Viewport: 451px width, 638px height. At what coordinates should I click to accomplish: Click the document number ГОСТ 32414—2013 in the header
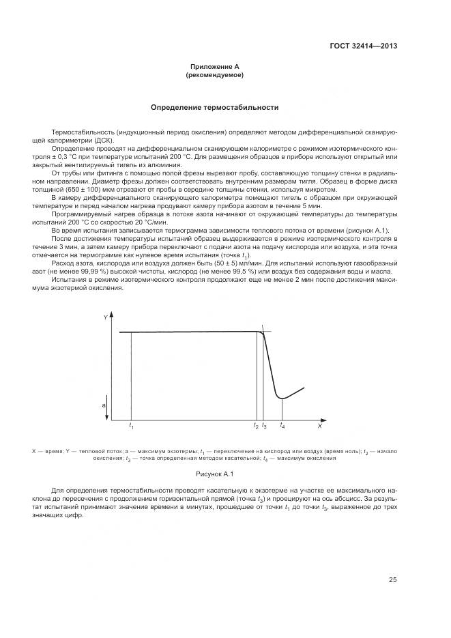tap(364, 46)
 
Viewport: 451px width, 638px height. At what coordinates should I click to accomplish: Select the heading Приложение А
tap(214, 68)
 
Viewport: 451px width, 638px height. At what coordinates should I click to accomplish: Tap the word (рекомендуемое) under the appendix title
tap(214, 75)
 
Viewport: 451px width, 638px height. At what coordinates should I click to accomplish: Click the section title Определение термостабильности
tap(214, 108)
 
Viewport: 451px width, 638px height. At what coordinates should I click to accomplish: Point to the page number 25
tap(392, 580)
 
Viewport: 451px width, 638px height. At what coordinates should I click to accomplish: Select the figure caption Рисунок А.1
tap(214, 474)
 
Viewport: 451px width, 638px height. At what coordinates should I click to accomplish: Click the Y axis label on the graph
tap(105, 319)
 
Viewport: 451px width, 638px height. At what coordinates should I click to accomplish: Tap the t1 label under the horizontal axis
tap(131, 426)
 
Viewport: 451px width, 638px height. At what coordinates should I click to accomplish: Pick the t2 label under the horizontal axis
tap(256, 426)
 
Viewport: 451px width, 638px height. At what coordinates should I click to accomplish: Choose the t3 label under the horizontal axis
tap(265, 426)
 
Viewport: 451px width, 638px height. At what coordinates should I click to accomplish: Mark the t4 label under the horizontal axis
tap(282, 426)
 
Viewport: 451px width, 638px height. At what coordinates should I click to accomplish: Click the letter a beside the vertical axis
tap(104, 405)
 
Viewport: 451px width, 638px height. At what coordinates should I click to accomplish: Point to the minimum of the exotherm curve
tap(282, 397)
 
